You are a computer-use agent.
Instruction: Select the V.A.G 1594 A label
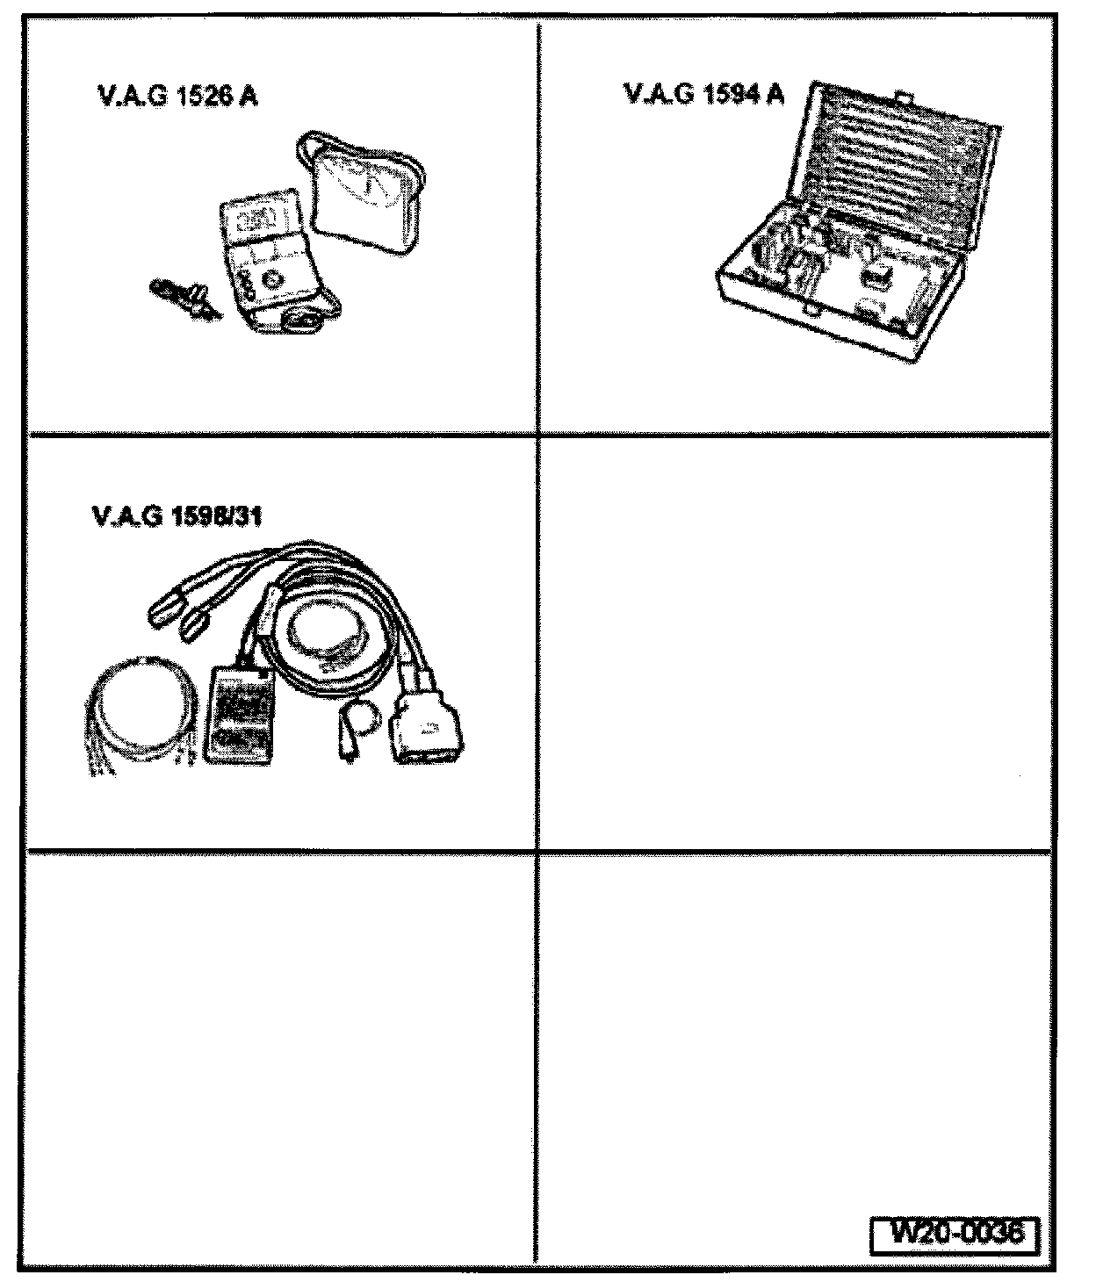(x=703, y=93)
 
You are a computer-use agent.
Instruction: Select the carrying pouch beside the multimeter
(x=364, y=193)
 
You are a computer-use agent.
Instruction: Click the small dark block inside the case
(x=874, y=279)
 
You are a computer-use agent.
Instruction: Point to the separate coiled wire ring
(x=141, y=707)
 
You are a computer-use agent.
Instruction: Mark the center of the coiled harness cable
(x=329, y=632)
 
